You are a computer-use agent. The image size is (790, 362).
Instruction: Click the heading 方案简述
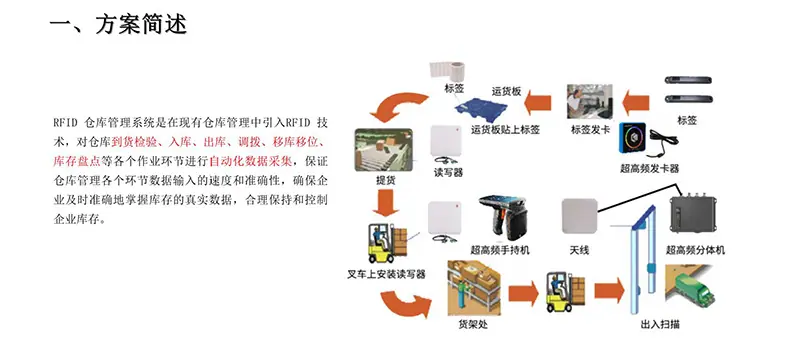click(x=141, y=24)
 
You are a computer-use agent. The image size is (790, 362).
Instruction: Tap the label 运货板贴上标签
click(x=505, y=129)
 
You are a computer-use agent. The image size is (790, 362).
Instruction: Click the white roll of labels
click(x=454, y=72)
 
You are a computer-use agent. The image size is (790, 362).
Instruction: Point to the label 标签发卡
click(x=590, y=129)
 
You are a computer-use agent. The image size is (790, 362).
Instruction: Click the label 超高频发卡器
click(x=649, y=169)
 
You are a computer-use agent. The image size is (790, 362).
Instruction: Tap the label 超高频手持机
click(x=499, y=249)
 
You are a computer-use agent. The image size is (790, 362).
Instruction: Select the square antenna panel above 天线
click(x=579, y=216)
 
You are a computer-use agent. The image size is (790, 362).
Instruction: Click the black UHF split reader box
click(x=694, y=217)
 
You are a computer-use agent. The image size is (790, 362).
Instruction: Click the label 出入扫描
click(x=660, y=325)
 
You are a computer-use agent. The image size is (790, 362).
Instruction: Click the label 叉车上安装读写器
click(x=386, y=274)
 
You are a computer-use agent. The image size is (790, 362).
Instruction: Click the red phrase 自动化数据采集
click(x=250, y=162)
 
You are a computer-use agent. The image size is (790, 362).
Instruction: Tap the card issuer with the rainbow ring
click(x=632, y=137)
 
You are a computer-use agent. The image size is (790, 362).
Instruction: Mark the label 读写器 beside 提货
click(x=448, y=173)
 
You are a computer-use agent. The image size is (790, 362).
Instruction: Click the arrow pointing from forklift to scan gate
click(x=609, y=291)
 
